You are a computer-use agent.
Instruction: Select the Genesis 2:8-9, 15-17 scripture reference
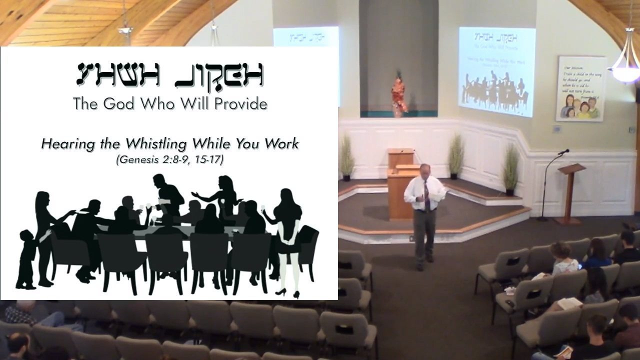(169, 160)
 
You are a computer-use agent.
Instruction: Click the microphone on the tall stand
(564, 151)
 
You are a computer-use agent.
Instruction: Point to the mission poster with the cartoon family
(581, 88)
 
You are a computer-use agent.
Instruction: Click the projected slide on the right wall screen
(496, 71)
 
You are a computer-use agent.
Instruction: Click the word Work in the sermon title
(282, 144)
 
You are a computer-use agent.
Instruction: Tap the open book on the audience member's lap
(570, 303)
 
